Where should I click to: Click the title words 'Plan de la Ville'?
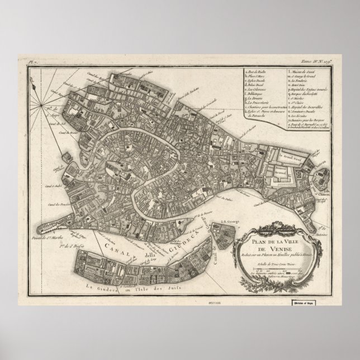pyautogui.click(x=263, y=241)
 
